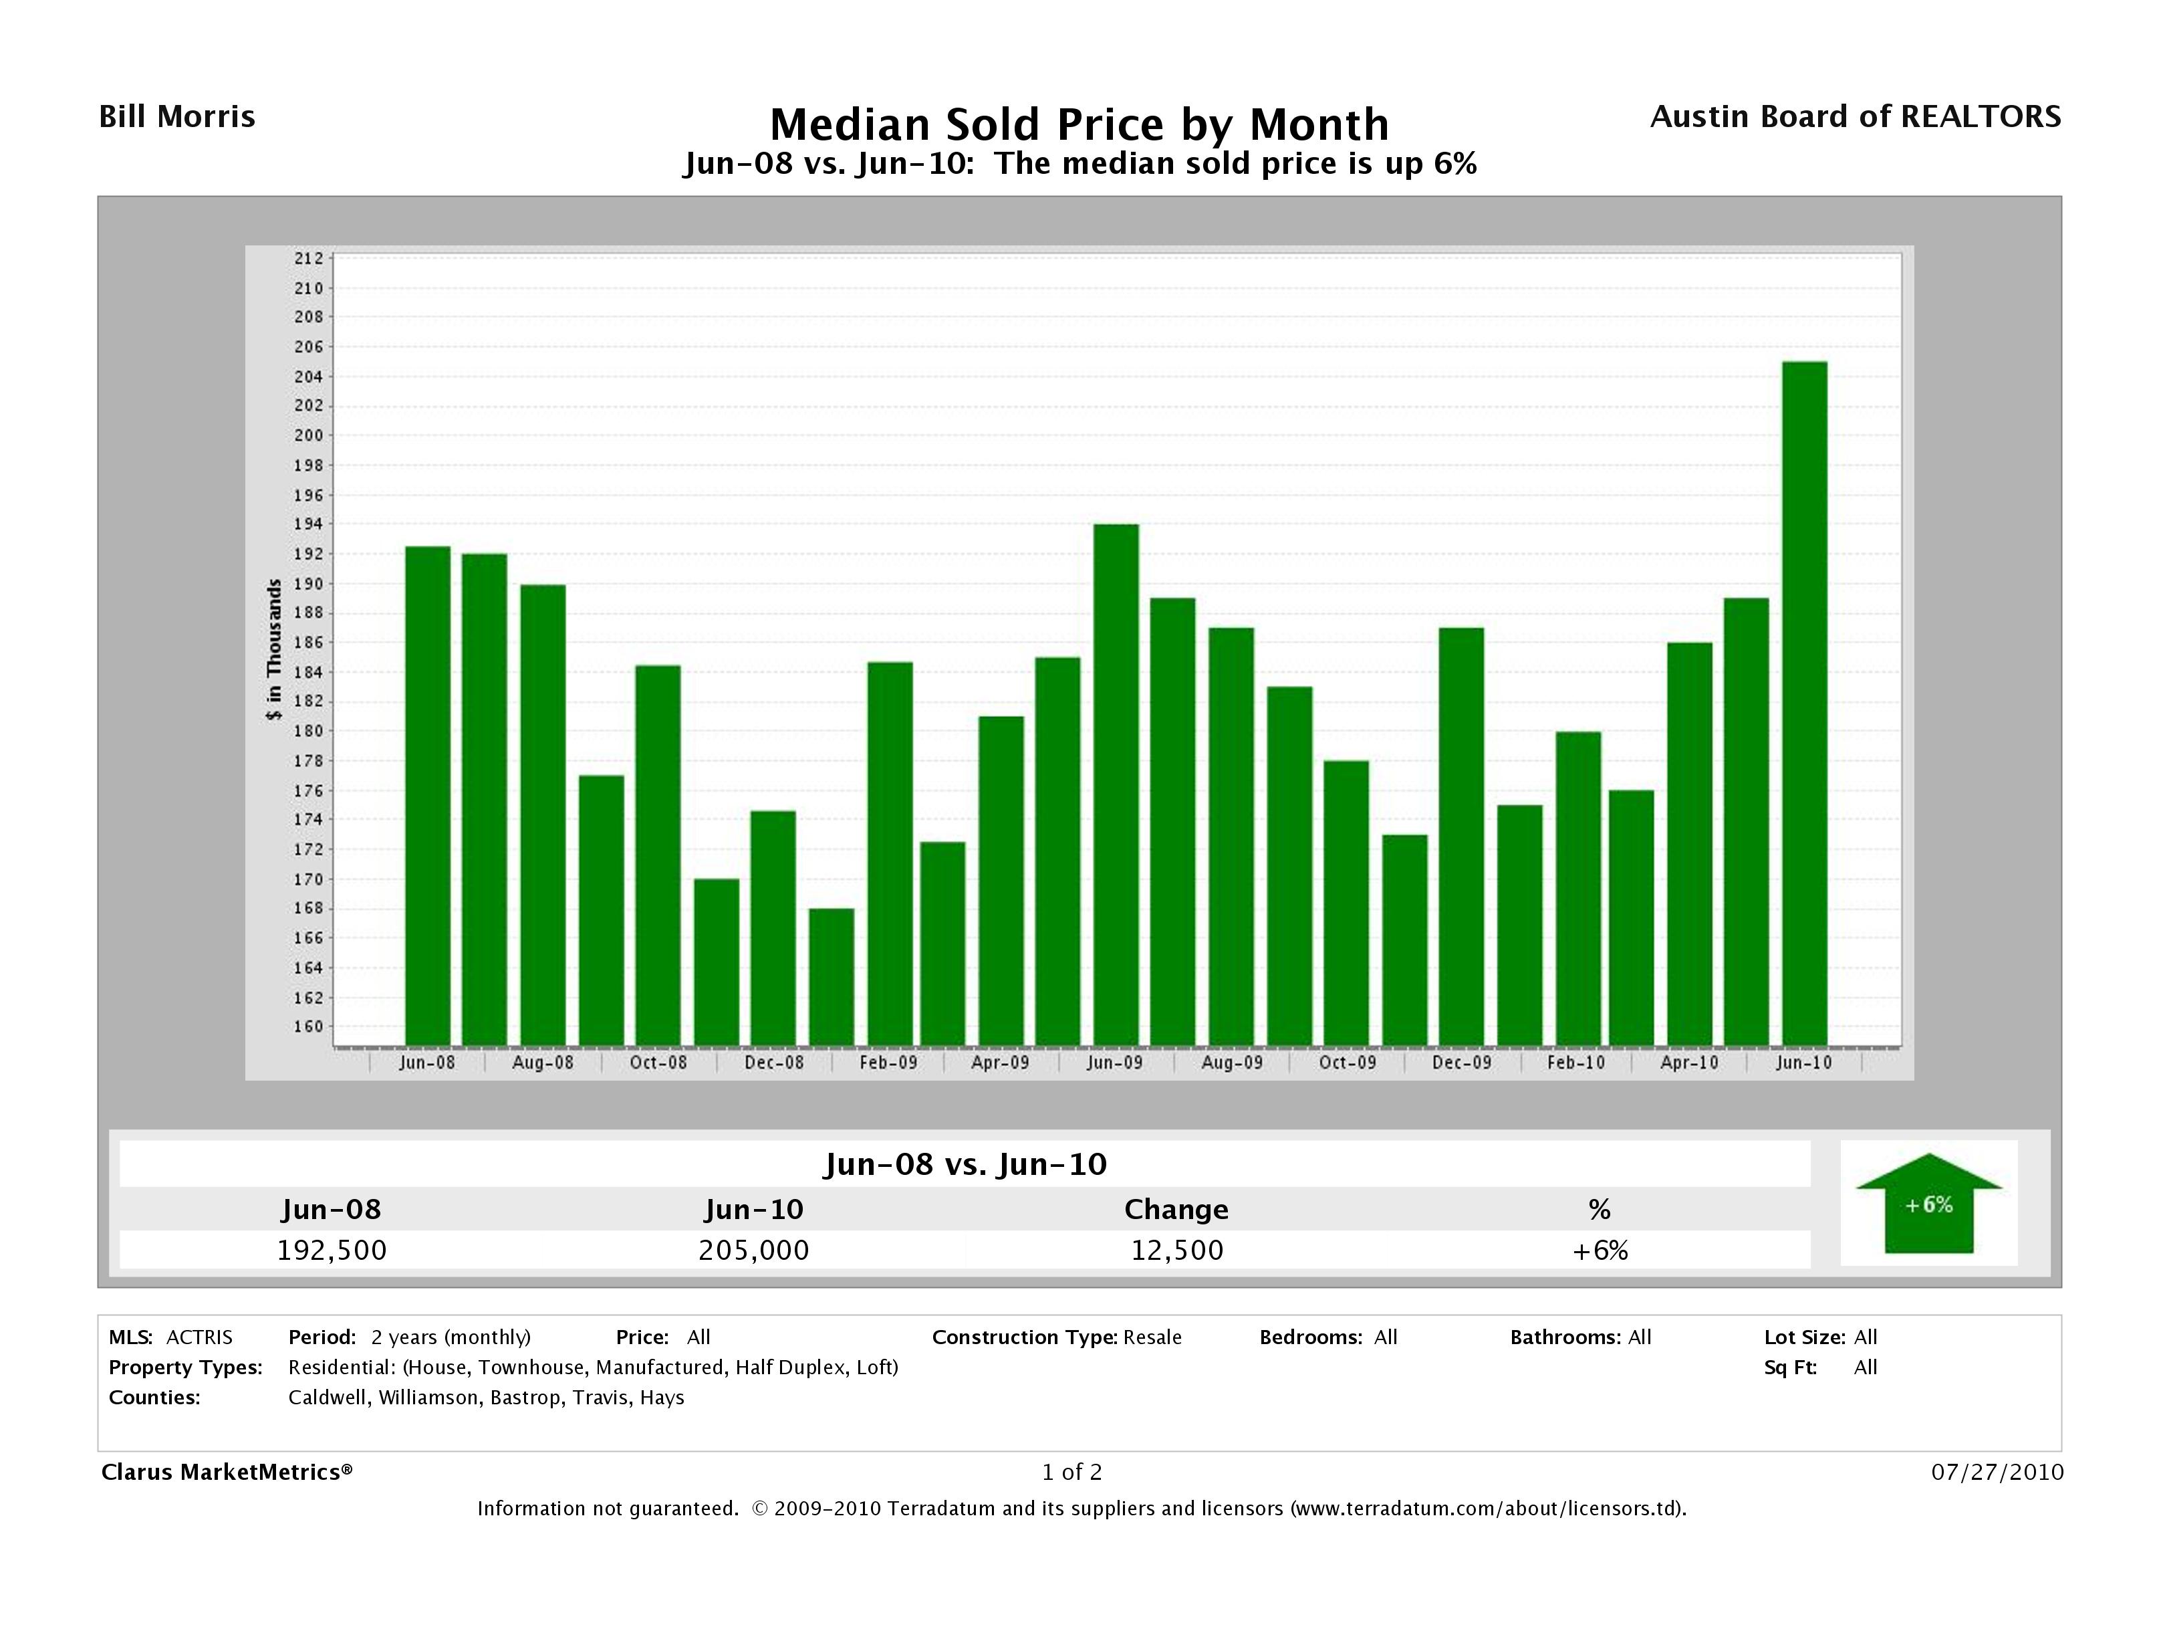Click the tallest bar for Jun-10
(x=1804, y=702)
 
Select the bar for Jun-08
(x=427, y=795)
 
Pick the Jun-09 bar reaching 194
(x=1116, y=785)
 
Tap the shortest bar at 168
(x=831, y=976)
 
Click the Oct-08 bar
(x=658, y=855)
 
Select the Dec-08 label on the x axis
(x=774, y=1063)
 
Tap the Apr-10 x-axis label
(x=1690, y=1063)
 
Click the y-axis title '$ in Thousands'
(x=274, y=649)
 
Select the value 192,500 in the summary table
(x=332, y=1250)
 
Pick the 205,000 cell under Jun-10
(x=754, y=1250)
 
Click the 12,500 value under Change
(x=1177, y=1250)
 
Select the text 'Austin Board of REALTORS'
(x=1855, y=117)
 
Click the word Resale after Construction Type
(x=1152, y=1337)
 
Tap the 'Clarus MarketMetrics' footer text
(x=226, y=1472)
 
